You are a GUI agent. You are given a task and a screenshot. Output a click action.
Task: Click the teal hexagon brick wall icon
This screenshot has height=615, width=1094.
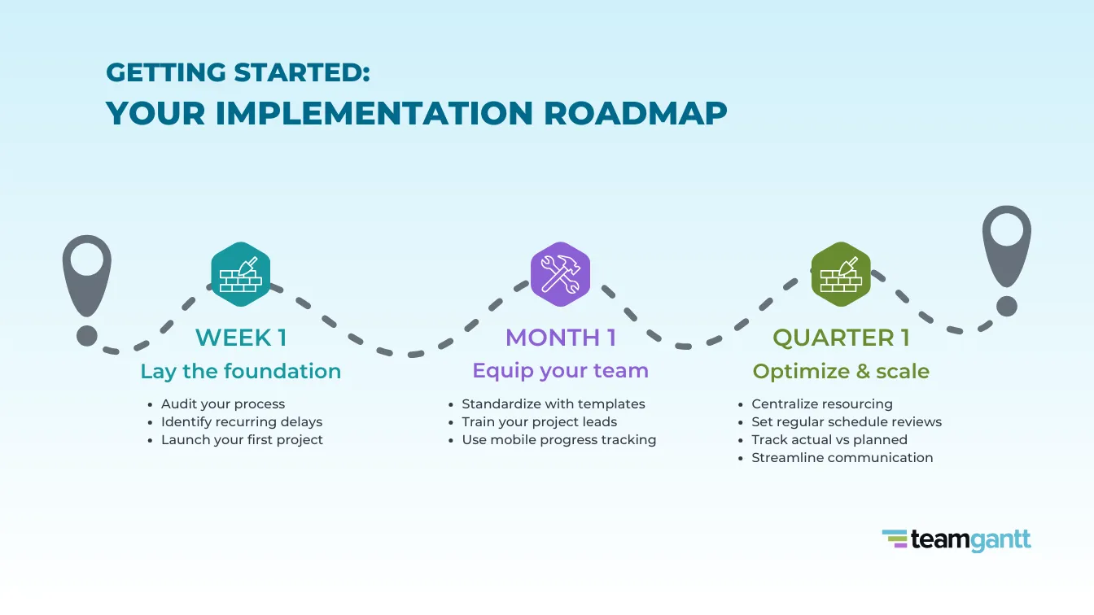[x=240, y=274]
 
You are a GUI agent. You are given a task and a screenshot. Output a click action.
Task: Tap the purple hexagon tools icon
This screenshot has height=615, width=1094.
[x=560, y=274]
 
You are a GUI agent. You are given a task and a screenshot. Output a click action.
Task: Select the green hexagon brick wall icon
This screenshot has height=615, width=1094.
[x=841, y=274]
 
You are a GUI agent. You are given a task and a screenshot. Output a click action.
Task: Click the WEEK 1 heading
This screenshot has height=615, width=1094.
[x=241, y=337]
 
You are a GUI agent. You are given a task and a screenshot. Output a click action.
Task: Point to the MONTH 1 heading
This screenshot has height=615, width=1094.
[x=560, y=337]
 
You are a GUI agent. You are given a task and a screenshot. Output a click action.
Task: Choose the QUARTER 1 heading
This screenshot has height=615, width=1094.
[x=840, y=337]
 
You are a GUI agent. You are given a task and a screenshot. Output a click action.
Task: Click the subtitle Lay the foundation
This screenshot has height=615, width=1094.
[x=240, y=371]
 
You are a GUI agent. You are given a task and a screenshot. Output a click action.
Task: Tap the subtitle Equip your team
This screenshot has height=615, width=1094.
[x=560, y=371]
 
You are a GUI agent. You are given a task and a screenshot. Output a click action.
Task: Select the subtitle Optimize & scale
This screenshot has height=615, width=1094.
[x=841, y=371]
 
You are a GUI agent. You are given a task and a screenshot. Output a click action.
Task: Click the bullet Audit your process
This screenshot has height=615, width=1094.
[x=223, y=403]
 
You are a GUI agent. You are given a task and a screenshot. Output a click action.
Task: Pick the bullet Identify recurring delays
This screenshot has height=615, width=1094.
[x=242, y=421]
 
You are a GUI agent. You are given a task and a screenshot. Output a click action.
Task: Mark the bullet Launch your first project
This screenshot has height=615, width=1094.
[x=242, y=439]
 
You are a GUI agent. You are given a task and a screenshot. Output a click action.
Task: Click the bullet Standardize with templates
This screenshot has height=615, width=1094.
[x=554, y=403]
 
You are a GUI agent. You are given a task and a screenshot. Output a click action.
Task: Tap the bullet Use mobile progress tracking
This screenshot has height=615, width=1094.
[x=558, y=439]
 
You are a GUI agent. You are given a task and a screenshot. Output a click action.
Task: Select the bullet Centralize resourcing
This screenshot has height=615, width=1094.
[x=822, y=403]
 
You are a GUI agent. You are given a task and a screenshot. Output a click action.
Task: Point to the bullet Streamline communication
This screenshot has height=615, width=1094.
[x=842, y=457]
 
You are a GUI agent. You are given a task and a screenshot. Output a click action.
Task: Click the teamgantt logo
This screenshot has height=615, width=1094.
[x=956, y=539]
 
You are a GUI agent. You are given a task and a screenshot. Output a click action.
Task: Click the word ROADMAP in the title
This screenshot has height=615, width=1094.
[x=636, y=113]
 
